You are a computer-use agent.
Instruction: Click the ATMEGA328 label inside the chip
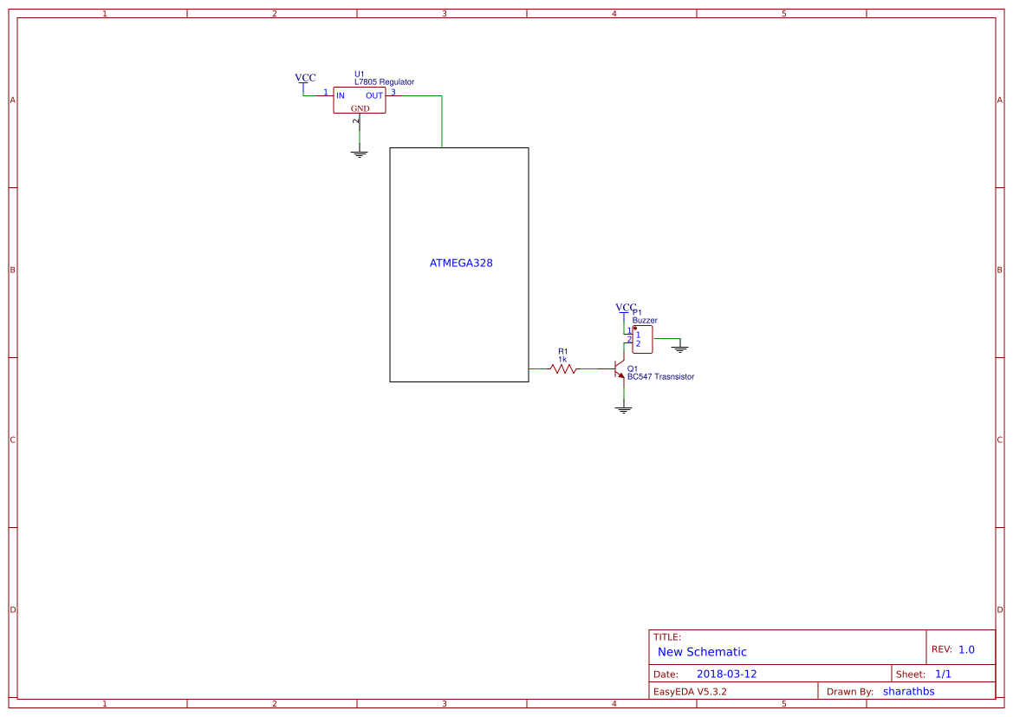pos(461,264)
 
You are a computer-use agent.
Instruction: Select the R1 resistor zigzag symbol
pos(562,368)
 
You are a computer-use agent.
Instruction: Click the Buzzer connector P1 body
pos(642,340)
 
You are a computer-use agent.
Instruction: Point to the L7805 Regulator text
pos(384,82)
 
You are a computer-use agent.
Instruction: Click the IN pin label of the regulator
pos(341,95)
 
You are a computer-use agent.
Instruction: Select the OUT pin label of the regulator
pos(374,95)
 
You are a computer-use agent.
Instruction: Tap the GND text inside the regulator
pos(360,108)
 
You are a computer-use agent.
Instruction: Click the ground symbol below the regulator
pos(360,153)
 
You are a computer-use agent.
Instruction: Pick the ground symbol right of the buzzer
pos(679,349)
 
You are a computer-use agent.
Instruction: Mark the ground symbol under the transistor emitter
pos(623,409)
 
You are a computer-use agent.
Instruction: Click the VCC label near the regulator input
pos(305,77)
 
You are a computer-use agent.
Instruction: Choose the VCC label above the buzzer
pos(626,308)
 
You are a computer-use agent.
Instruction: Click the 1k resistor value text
pos(562,360)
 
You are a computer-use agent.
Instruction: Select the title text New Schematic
pos(702,652)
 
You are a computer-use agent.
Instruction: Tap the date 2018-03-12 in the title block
pos(726,674)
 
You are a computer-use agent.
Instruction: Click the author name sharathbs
pos(908,691)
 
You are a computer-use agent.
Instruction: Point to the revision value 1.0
pos(966,649)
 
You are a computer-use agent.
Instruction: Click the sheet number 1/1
pos(943,674)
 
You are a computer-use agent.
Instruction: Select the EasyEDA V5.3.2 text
pos(689,691)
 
